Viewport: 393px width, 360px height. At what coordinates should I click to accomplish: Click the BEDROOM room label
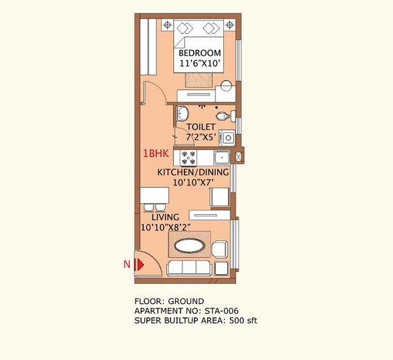(200, 53)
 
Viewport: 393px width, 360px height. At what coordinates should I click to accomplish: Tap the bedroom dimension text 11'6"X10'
(200, 64)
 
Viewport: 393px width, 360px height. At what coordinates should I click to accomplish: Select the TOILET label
(201, 127)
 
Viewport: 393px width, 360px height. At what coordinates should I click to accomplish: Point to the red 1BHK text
(154, 153)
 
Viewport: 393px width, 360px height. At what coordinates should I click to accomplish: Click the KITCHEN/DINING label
(193, 172)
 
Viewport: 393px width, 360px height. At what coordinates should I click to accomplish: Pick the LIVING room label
(165, 217)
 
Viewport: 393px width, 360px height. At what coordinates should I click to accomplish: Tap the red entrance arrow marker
(140, 264)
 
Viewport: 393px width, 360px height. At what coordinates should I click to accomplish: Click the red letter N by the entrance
(126, 264)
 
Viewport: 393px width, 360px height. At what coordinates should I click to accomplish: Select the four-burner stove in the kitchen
(188, 158)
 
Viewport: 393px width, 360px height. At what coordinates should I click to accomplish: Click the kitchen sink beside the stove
(221, 158)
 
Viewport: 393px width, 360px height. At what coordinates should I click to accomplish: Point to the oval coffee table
(190, 246)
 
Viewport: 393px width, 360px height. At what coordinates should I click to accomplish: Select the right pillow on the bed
(212, 28)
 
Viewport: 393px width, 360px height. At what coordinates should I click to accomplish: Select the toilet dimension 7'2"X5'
(201, 136)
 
